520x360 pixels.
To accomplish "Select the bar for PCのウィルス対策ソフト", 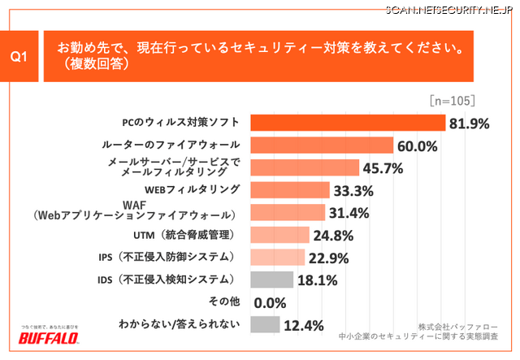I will (x=347, y=124).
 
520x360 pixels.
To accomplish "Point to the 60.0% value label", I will (x=417, y=146).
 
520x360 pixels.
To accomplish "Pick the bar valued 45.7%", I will (x=305, y=168).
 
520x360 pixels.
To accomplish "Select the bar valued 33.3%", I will (x=290, y=190).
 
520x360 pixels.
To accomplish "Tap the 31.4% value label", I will (x=350, y=214).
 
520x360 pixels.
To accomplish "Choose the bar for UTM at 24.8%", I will (x=279, y=235).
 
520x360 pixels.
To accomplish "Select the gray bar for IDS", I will (x=271, y=280).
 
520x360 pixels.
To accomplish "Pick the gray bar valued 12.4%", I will (x=265, y=324).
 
